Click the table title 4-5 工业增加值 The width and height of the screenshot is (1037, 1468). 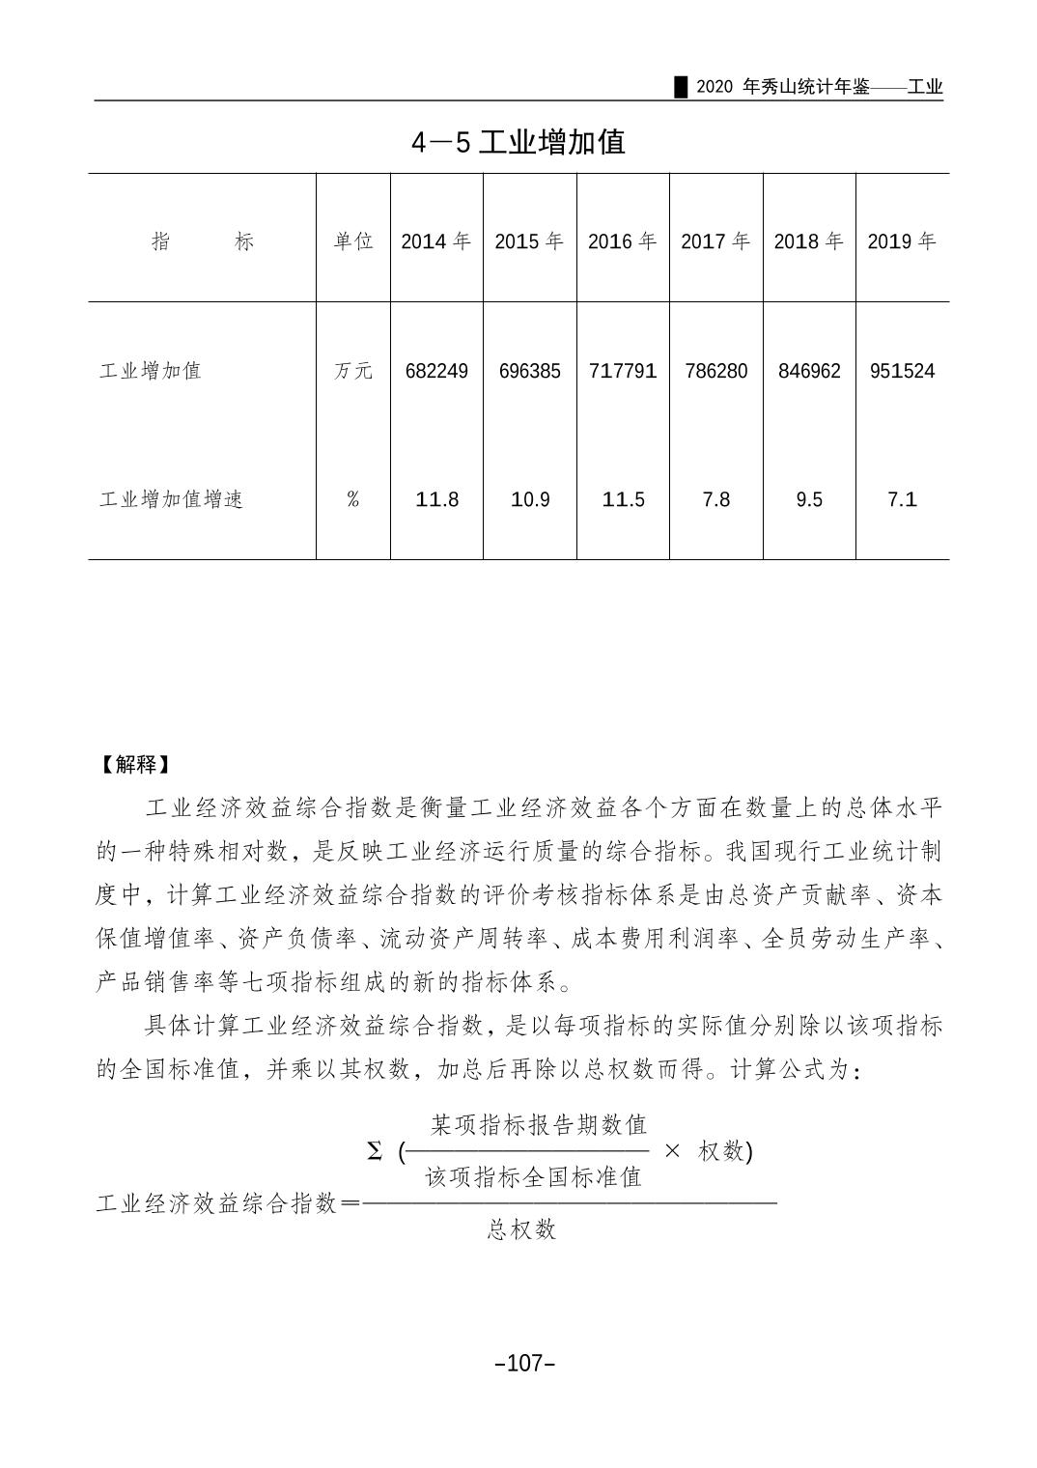pyautogui.click(x=518, y=142)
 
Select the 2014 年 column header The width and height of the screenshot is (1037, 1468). pyautogui.click(x=436, y=241)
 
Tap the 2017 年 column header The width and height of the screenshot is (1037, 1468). pyautogui.click(x=715, y=241)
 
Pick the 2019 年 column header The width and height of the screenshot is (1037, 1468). pyautogui.click(x=902, y=241)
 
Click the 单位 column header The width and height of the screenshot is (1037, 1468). pyautogui.click(x=353, y=241)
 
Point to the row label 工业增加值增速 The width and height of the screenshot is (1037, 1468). pyautogui.click(x=171, y=499)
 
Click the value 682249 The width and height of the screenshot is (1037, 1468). pyautogui.click(x=436, y=371)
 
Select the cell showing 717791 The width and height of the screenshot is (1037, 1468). pyautogui.click(x=623, y=371)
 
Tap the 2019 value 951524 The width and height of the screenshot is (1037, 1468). pyautogui.click(x=902, y=371)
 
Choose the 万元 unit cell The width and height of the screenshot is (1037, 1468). pyautogui.click(x=353, y=371)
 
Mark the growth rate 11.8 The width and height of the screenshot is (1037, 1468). pyautogui.click(x=436, y=499)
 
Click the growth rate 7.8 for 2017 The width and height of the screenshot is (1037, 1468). pyautogui.click(x=715, y=499)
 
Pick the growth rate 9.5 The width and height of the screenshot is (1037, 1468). pyautogui.click(x=809, y=499)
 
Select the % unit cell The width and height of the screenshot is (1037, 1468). pyautogui.click(x=353, y=499)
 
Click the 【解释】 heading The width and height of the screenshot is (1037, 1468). pyautogui.click(x=135, y=765)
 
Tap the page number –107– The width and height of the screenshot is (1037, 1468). pyautogui.click(x=524, y=1363)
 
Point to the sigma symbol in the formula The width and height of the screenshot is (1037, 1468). pyautogui.click(x=375, y=1151)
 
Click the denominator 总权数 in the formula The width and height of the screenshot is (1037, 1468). pyautogui.click(x=522, y=1229)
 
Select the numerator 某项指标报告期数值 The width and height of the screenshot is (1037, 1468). pyautogui.click(x=539, y=1125)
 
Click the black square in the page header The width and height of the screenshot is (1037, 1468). pyautogui.click(x=681, y=87)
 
